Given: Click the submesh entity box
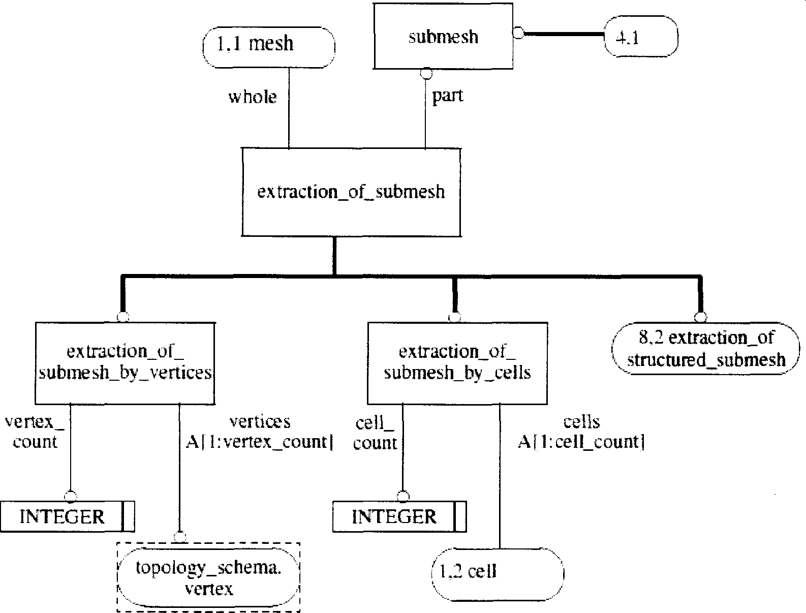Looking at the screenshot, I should click(x=443, y=37).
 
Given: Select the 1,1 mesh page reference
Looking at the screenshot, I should click(x=268, y=44).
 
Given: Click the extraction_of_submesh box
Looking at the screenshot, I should click(x=351, y=192).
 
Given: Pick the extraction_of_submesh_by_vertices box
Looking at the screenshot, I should click(x=125, y=362).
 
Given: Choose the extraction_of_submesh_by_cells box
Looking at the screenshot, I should click(x=457, y=362).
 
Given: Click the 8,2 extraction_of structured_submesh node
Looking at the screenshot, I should click(x=706, y=349).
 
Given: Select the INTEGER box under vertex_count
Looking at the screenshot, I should click(x=62, y=517).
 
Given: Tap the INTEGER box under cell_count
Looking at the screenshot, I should click(x=394, y=517).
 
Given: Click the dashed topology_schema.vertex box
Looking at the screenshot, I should click(x=208, y=577).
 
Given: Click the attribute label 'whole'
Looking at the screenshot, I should click(x=253, y=97).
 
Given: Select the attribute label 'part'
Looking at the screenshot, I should click(x=448, y=96).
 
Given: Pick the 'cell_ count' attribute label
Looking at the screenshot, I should click(x=375, y=433).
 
